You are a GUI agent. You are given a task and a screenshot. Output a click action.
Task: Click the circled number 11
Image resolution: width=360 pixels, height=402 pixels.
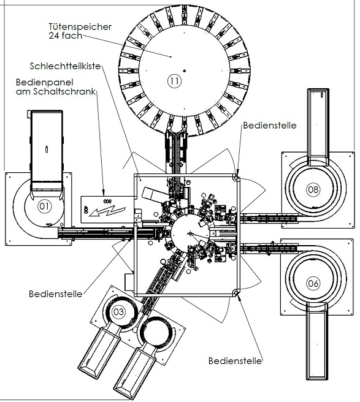point(174,81)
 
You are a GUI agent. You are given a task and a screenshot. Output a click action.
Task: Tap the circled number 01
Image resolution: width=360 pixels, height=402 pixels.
point(45,206)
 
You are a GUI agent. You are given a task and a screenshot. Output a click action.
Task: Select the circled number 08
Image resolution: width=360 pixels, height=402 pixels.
point(313,189)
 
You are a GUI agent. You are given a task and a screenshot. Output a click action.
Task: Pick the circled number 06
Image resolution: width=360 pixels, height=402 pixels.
point(313,283)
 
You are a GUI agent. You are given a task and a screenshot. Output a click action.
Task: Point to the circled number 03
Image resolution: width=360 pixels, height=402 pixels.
point(118,312)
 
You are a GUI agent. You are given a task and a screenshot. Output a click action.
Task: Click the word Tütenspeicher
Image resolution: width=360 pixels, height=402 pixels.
point(80,27)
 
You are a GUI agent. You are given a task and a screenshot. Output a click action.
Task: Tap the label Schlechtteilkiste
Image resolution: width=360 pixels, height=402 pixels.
point(65,66)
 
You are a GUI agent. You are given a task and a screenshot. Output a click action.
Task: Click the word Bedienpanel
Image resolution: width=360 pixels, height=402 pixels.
point(45,82)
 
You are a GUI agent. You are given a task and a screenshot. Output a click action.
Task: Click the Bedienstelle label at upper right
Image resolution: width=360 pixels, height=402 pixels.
point(270,126)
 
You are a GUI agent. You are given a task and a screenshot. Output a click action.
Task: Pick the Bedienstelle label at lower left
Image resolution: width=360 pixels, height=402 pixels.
point(55,294)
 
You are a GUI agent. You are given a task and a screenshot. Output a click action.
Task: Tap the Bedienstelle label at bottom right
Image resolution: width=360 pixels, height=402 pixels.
point(235,361)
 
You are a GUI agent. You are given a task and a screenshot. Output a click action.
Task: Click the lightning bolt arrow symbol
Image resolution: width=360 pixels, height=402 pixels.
point(107,210)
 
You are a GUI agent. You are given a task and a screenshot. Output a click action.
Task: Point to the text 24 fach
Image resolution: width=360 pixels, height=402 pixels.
point(65,36)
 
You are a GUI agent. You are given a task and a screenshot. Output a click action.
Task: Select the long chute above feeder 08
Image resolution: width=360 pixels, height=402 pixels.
point(318,127)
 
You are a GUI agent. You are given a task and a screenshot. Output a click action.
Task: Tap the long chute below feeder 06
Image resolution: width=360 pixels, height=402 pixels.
point(317,341)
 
